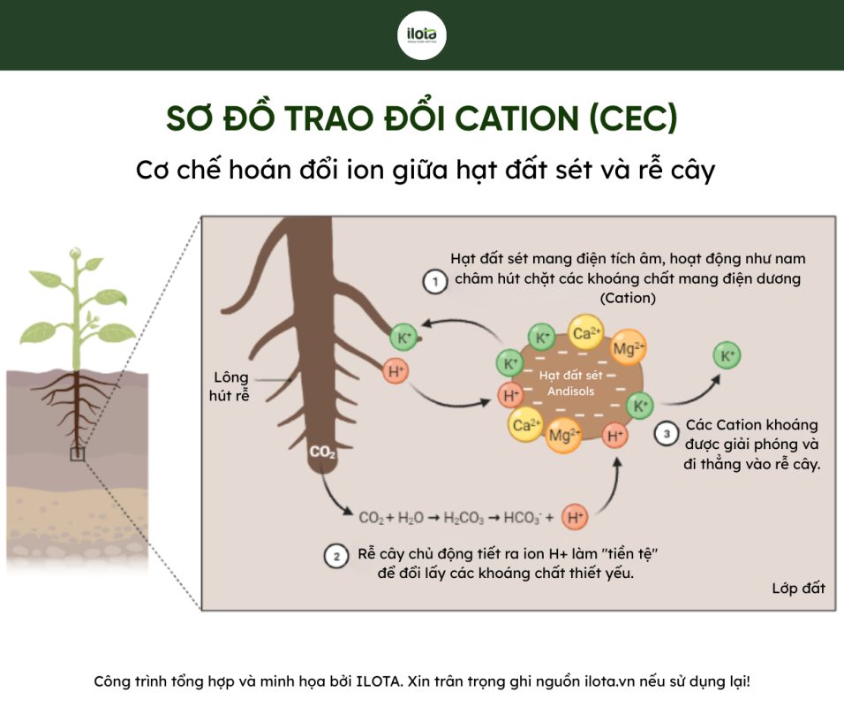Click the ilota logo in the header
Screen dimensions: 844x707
click(421, 35)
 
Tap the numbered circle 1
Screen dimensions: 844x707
click(435, 281)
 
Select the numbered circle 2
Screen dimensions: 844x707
click(336, 556)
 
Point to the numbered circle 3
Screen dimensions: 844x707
click(667, 434)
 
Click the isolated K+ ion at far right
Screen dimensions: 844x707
click(727, 355)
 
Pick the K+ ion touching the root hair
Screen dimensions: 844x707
click(403, 338)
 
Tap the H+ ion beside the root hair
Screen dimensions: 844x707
click(396, 371)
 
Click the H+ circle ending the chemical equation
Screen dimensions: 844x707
click(575, 517)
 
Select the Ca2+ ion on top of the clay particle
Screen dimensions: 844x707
click(585, 333)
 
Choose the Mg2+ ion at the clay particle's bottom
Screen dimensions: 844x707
click(563, 434)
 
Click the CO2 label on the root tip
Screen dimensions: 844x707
click(322, 452)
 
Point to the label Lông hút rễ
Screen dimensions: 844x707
click(230, 386)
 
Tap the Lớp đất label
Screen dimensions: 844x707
click(798, 589)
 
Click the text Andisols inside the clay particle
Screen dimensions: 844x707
click(570, 392)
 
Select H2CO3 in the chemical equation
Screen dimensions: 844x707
click(463, 518)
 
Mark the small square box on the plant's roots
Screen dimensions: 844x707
click(78, 454)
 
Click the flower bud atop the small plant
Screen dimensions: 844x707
click(75, 252)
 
